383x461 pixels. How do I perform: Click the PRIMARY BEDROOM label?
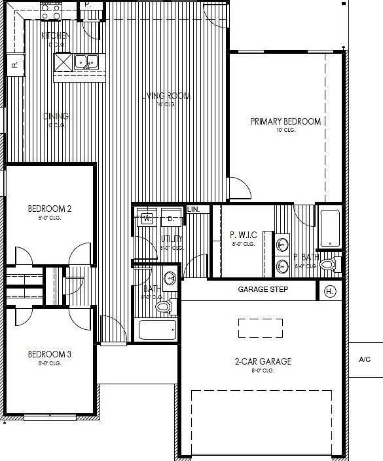pos(285,121)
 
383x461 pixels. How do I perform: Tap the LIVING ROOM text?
pos(166,96)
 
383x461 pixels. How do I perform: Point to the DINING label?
pos(56,117)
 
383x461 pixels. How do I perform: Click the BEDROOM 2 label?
pos(49,209)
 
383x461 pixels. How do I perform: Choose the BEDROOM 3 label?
pos(49,355)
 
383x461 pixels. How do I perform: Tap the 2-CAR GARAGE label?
pos(263,361)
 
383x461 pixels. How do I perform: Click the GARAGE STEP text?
pos(263,289)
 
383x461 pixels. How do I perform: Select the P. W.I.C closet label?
pos(243,235)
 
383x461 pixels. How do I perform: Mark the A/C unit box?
pos(365,359)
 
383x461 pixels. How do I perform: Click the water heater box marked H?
pos(329,291)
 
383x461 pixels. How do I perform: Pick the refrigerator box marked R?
pos(14,64)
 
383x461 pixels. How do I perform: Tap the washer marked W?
pos(147,218)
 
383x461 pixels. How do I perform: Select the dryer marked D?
pos(170,218)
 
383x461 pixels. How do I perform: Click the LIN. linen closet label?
pos(194,209)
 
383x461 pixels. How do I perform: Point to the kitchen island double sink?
pos(86,62)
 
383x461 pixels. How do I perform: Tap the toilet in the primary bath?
pos(327,265)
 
